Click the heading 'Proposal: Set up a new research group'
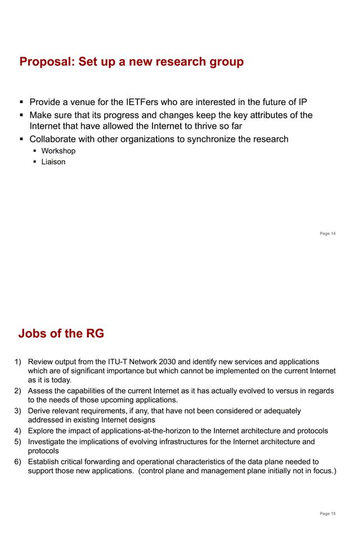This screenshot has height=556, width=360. (x=132, y=62)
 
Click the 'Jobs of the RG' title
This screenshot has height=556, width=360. (x=61, y=333)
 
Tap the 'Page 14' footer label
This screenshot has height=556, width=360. (x=327, y=234)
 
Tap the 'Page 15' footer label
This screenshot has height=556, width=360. (x=327, y=513)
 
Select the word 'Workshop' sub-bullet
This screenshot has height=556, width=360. (x=58, y=151)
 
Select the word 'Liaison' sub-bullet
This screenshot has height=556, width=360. (x=53, y=162)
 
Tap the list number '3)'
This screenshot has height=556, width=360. (x=17, y=411)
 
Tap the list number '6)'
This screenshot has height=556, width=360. (x=17, y=462)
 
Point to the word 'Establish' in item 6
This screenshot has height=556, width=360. (x=45, y=462)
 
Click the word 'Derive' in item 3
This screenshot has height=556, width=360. (x=39, y=411)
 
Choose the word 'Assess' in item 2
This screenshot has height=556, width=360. (x=40, y=391)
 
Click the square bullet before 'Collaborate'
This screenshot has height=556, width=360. (x=22, y=139)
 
